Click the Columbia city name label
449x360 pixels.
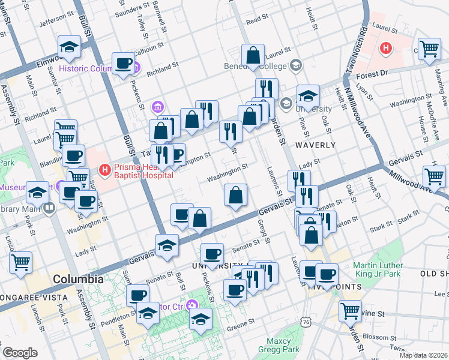point(77,280)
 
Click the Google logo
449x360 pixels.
point(20,353)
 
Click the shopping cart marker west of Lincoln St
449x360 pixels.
point(20,262)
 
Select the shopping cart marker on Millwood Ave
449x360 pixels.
point(434,176)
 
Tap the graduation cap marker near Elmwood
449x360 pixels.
point(69,46)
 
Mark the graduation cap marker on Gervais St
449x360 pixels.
point(167,244)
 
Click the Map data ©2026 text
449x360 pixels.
point(423,355)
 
